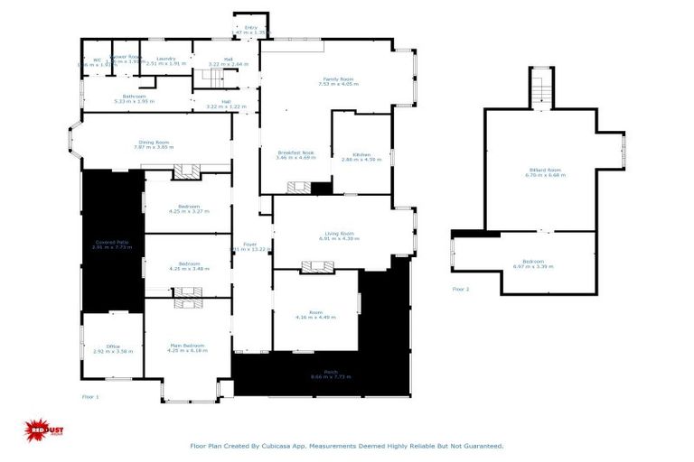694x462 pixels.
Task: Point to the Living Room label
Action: coord(339,236)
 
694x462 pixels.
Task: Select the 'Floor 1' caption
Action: coord(90,396)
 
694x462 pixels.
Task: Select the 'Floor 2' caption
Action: coord(461,290)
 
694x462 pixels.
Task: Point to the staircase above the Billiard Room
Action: coord(540,88)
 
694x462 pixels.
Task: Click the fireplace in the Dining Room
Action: coord(188,171)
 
